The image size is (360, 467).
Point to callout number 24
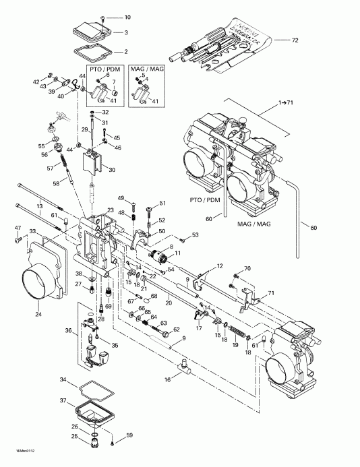point(38,313)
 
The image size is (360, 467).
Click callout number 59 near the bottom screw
point(130,435)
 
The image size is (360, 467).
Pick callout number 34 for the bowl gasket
point(64,381)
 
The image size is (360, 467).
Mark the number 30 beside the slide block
point(111,169)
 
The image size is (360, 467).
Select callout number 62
point(176,330)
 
